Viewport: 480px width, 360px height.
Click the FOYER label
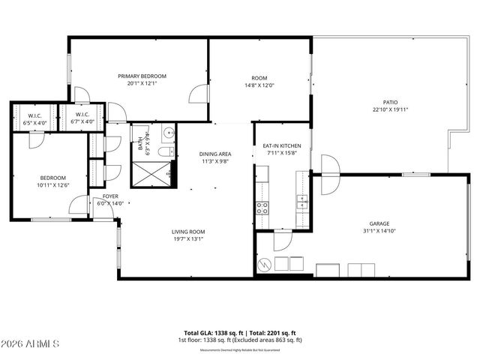[110, 199]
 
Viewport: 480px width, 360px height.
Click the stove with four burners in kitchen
[262, 208]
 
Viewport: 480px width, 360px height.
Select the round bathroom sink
[168, 135]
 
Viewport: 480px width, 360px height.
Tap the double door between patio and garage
[328, 174]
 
